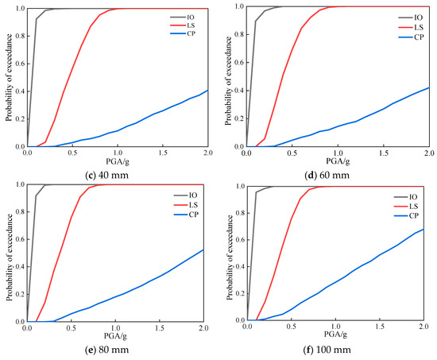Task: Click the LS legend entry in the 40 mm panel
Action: coord(183,25)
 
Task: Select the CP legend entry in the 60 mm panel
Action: coord(411,37)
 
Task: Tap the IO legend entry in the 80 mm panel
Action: coord(185,195)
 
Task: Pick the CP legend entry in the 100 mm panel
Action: coord(406,216)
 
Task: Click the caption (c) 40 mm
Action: coord(106,175)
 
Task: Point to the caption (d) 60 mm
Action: coord(327,175)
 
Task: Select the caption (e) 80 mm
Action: coord(106,350)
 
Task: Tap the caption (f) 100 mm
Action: coord(327,350)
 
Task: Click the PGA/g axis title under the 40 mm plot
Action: coord(118,161)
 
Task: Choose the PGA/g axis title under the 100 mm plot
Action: coord(335,334)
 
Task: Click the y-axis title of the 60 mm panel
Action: coord(228,81)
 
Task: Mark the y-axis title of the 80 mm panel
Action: coord(10,257)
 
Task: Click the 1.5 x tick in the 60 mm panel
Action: coord(383,153)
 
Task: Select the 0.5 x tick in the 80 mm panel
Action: coord(72,328)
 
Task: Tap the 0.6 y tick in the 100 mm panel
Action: coord(240,240)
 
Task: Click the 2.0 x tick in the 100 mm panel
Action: coord(423,327)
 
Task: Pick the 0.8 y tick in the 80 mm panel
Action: coord(20,212)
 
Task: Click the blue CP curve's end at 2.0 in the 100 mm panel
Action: coord(423,229)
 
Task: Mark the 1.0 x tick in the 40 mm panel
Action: coord(118,153)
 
